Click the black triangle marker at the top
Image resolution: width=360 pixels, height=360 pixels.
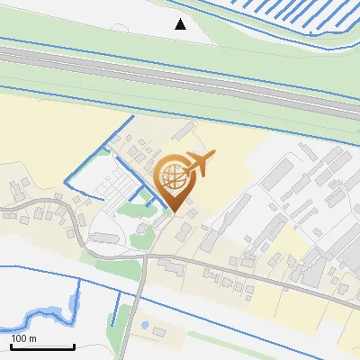[180, 24]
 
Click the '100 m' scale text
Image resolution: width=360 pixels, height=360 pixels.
[23, 338]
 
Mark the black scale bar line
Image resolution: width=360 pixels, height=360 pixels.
[41, 346]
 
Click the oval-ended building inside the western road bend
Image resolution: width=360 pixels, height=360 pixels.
[103, 238]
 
